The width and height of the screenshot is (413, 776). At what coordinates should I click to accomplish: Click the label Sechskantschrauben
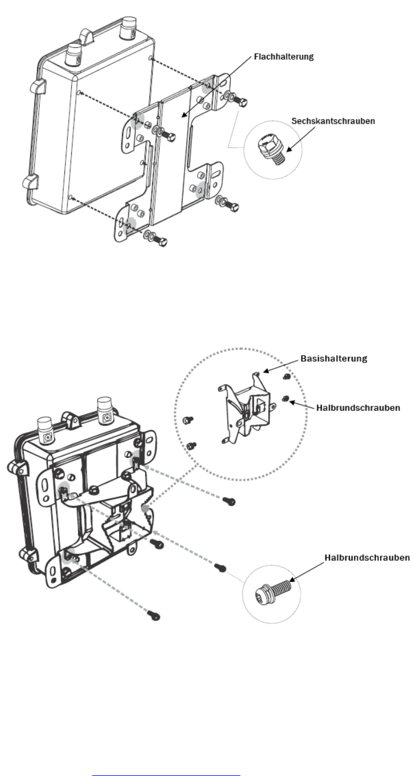point(333,121)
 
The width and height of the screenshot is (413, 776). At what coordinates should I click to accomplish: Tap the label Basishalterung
point(333,360)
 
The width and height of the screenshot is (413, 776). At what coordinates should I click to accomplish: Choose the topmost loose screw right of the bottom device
point(229,502)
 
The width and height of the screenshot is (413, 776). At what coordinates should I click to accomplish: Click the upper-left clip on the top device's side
point(35,87)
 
